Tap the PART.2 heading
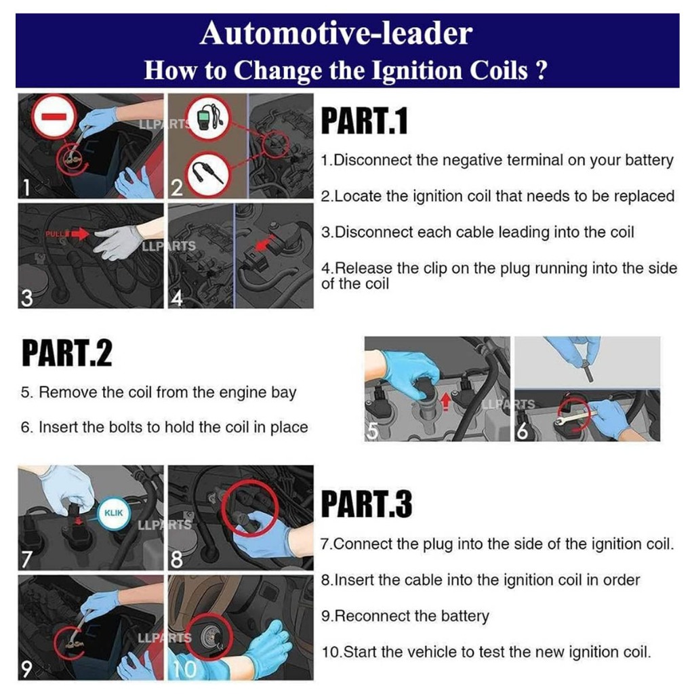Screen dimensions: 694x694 pyautogui.click(x=67, y=354)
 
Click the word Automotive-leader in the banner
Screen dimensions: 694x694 pyautogui.click(x=336, y=34)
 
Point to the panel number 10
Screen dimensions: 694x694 pyautogui.click(x=183, y=670)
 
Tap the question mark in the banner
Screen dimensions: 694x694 pyautogui.click(x=540, y=70)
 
